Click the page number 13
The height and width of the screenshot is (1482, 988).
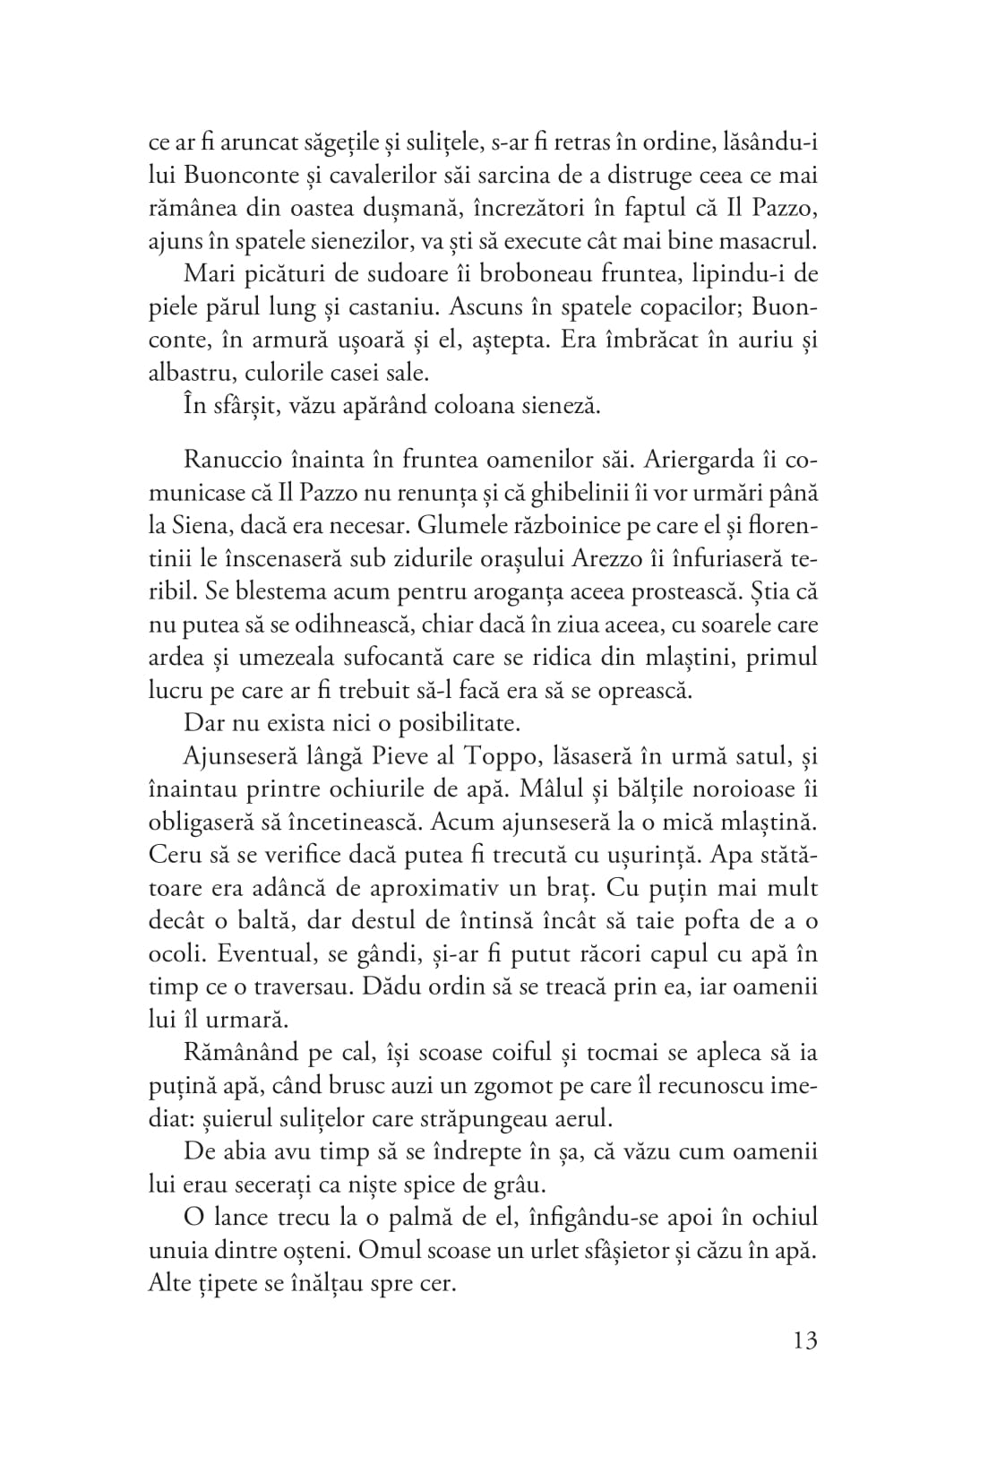coord(804,1340)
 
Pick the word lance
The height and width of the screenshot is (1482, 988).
coord(249,1218)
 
